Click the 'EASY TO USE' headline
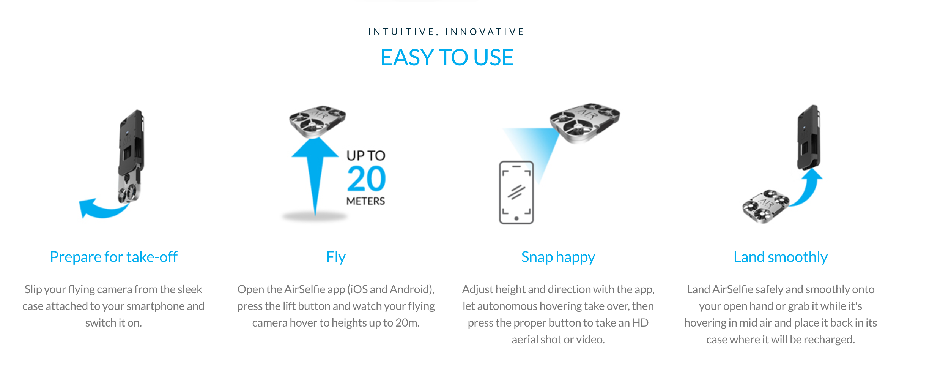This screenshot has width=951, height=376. coord(447,57)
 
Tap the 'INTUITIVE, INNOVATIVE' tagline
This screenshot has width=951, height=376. coord(446,32)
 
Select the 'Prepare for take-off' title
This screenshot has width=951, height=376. coord(113,257)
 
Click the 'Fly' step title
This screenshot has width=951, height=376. coord(336,258)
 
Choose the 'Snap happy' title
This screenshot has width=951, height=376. coord(558,258)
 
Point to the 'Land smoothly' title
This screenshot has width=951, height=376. coord(780,257)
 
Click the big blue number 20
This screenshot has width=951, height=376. coord(366,179)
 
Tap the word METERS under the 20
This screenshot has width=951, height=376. coord(365,201)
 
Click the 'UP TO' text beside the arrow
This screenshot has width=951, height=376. coord(366,155)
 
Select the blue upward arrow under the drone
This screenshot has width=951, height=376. coord(315,175)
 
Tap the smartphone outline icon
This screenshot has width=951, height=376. coord(516,193)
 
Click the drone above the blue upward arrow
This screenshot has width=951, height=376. coord(317,121)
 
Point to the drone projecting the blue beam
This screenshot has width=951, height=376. coord(585,122)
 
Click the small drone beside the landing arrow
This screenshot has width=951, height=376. coord(766,206)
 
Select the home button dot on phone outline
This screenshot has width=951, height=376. coord(516,218)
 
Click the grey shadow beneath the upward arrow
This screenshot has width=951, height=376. coord(315,216)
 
